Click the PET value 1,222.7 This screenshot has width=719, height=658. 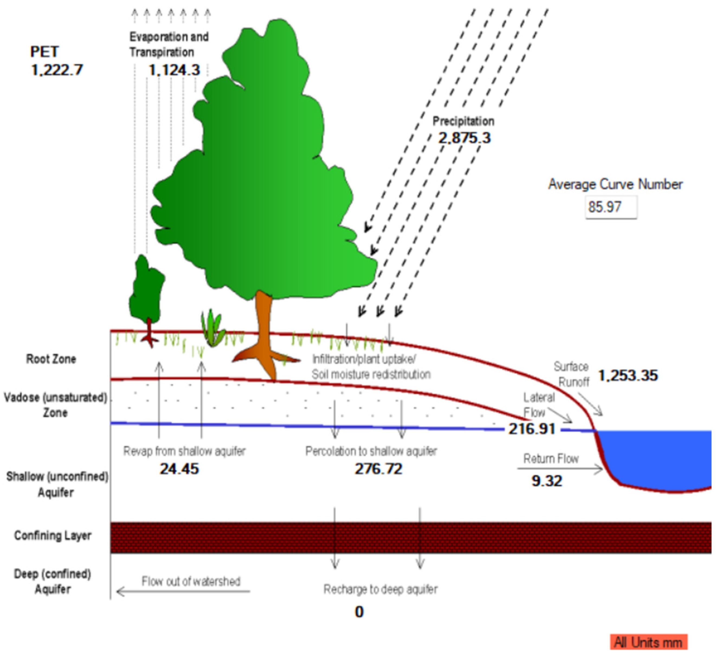point(57,70)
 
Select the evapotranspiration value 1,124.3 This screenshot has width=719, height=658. point(174,70)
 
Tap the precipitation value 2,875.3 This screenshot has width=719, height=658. point(464,138)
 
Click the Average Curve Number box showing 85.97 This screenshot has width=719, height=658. point(611,207)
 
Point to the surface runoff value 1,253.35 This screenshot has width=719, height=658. point(628,376)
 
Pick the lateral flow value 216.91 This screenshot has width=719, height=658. point(532,429)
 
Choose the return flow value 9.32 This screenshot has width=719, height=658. point(547,481)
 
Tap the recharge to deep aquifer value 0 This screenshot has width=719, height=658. point(359,612)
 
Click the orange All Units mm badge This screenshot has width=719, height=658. point(648,642)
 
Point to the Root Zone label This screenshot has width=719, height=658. point(51,359)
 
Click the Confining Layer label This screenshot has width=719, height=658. point(53,535)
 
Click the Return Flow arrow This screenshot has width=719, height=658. point(560,469)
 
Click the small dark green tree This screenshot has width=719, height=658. point(146,289)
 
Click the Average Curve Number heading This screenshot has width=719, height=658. point(615,184)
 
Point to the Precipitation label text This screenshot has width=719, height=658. point(463,121)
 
